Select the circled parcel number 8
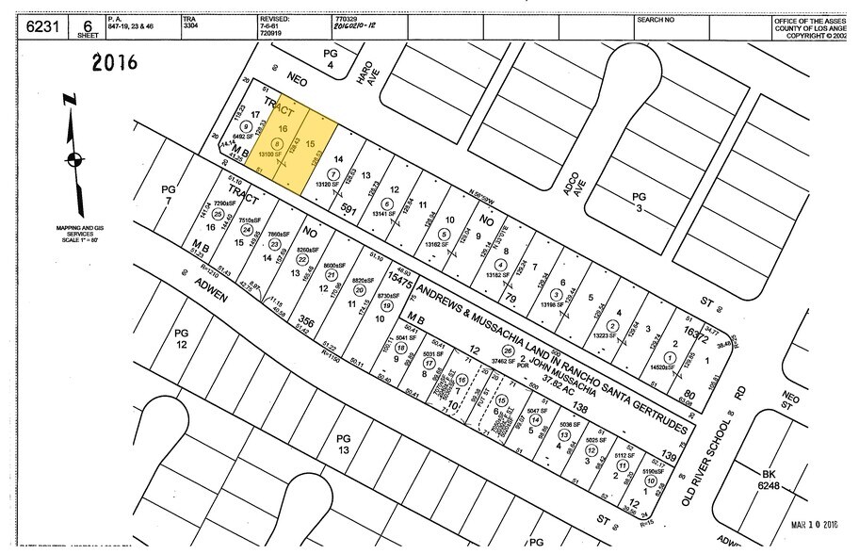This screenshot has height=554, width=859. click(276, 143)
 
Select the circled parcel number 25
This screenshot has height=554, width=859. click(218, 214)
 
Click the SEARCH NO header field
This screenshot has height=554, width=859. click(656, 19)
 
